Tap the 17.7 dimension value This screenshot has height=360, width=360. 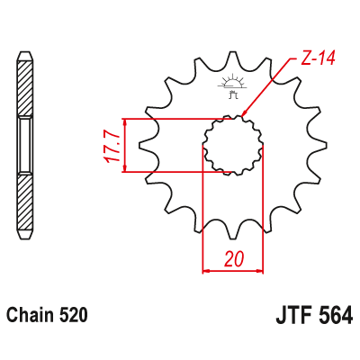(111, 146)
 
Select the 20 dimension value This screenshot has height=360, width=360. (234, 259)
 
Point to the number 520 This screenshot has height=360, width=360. (73, 316)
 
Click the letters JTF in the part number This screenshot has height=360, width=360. (289, 316)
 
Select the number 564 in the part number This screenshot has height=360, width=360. (333, 316)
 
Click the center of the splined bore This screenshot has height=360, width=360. (232, 146)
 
